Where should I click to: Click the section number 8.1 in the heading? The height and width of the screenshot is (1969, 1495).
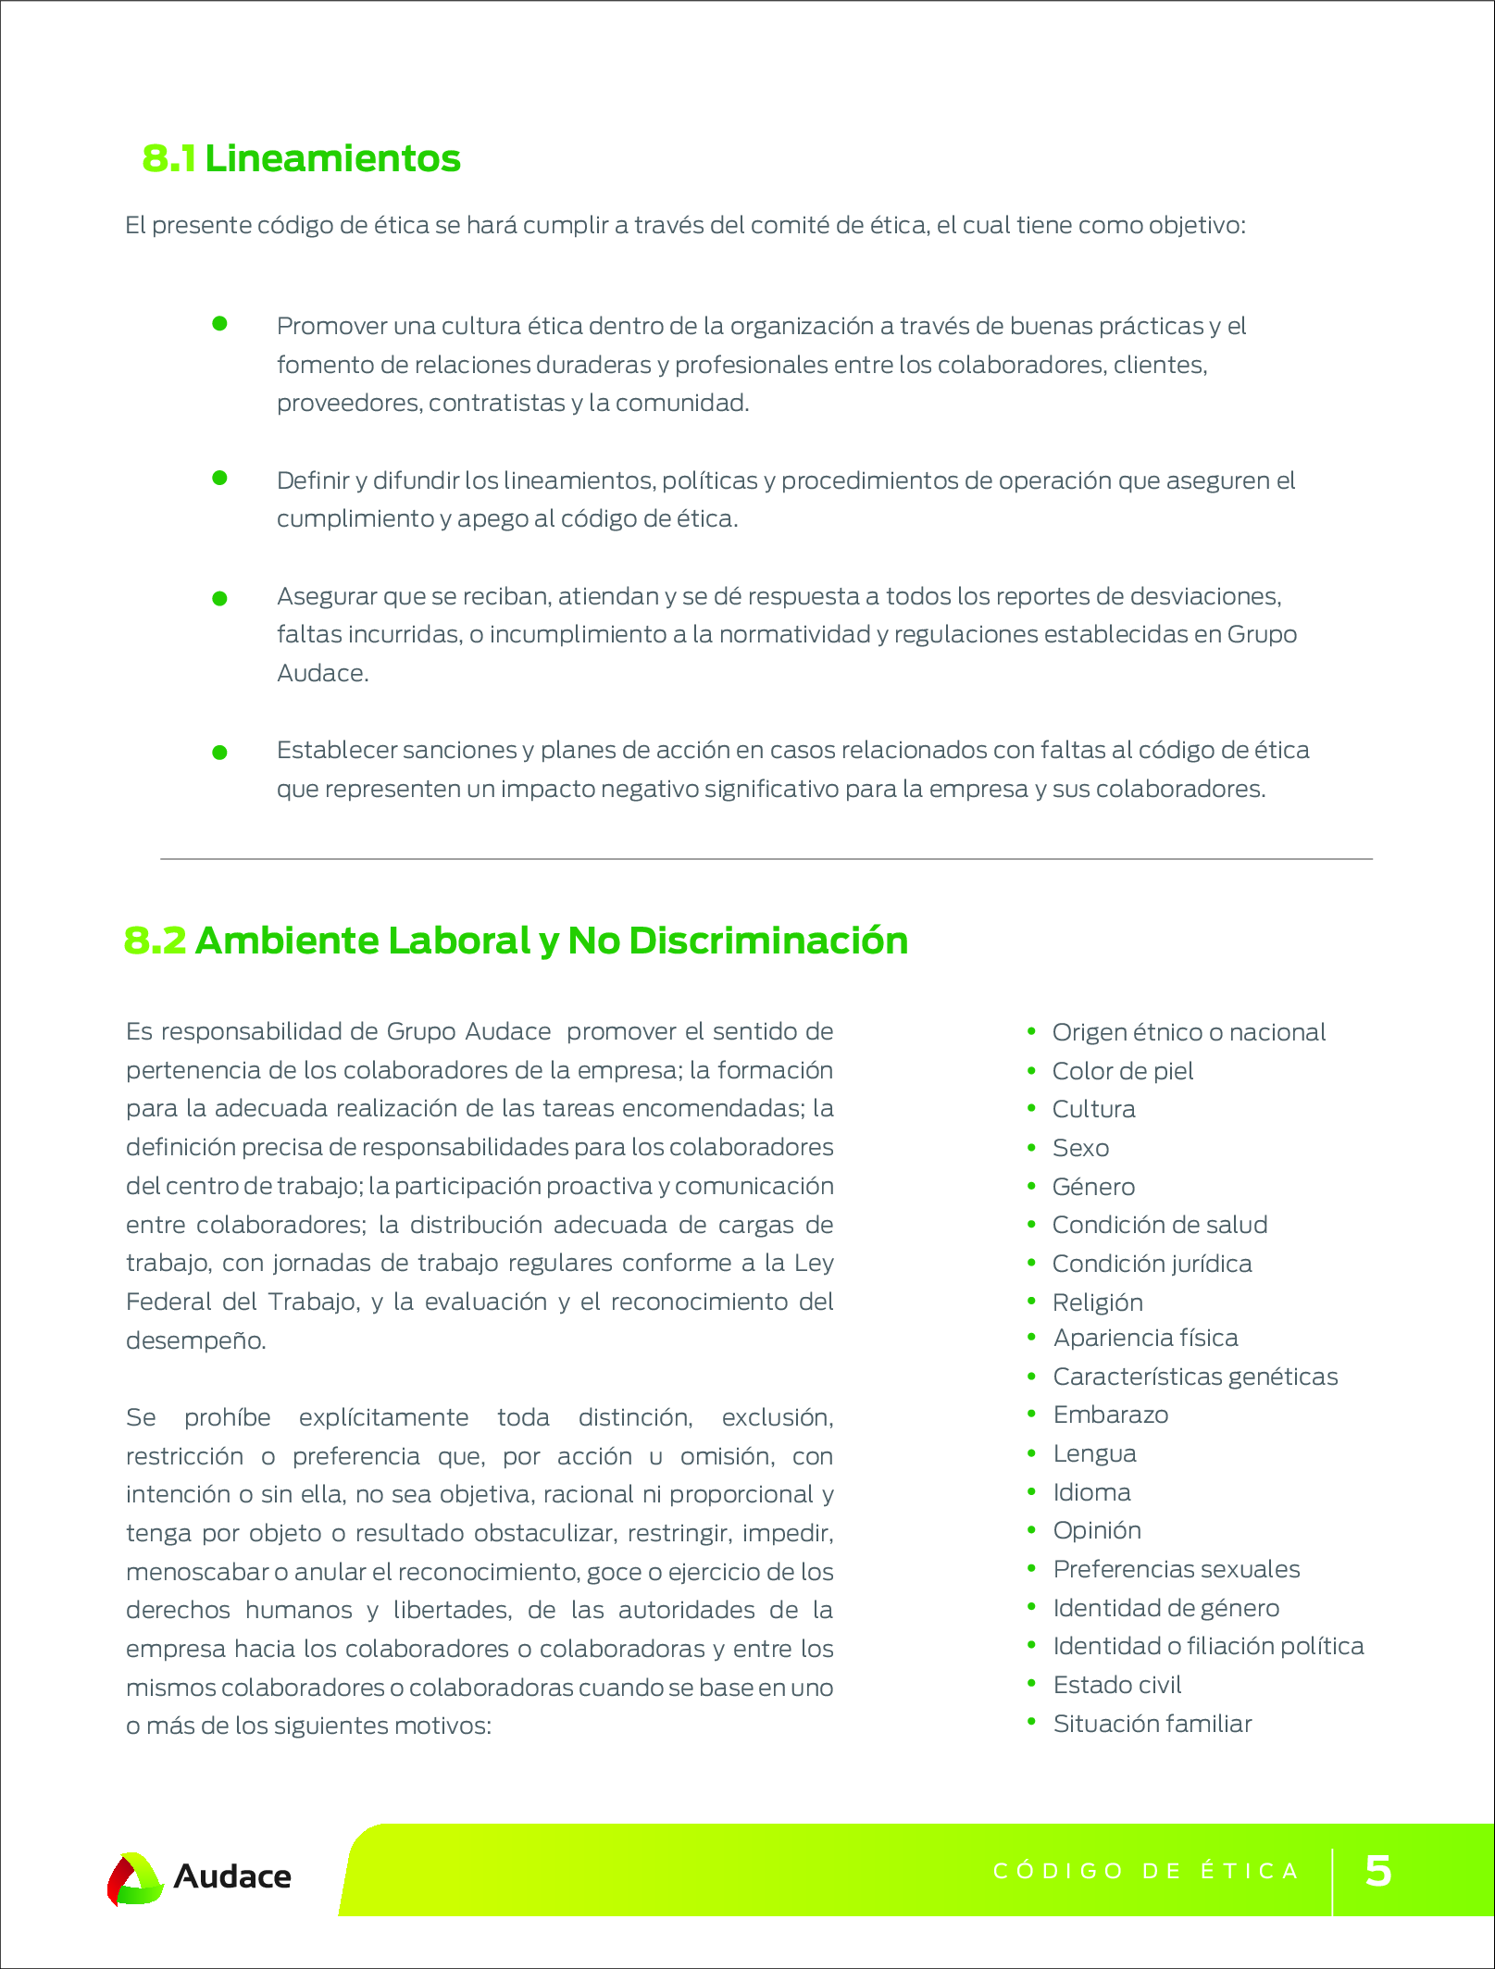168,158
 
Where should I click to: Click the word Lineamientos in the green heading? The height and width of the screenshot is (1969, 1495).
332,158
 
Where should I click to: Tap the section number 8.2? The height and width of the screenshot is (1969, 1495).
155,941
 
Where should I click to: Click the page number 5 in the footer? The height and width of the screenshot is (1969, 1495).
1378,1870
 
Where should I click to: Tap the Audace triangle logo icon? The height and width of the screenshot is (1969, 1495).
135,1878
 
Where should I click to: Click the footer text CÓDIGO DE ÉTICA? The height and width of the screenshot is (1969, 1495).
1146,1871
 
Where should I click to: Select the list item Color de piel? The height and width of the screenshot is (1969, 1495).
1123,1071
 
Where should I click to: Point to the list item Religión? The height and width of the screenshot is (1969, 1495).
1098,1302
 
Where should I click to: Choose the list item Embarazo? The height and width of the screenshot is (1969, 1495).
1111,1414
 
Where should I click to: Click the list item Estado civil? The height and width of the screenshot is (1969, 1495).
1117,1685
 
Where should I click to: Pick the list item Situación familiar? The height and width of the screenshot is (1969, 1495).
1152,1724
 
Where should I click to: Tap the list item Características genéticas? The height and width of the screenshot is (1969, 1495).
1195,1377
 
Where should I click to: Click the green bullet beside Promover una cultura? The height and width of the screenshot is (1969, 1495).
219,323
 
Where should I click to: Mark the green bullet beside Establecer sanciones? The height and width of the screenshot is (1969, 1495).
219,753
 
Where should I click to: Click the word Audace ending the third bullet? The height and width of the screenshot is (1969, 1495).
322,673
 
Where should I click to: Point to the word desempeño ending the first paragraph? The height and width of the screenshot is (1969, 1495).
195,1340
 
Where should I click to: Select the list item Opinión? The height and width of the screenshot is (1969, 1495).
1097,1530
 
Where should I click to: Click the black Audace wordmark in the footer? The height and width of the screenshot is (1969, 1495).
232,1876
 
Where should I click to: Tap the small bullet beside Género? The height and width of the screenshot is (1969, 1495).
1031,1186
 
